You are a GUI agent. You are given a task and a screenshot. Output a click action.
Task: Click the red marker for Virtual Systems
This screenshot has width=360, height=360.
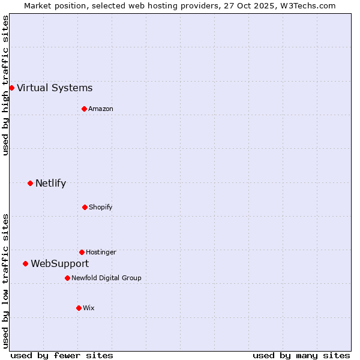pos(11,88)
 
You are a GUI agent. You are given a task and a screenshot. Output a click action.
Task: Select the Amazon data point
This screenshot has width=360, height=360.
pos(84,109)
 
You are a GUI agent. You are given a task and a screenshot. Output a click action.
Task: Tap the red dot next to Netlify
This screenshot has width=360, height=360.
pos(30,183)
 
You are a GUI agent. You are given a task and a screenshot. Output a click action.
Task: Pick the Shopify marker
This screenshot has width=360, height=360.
pos(85,207)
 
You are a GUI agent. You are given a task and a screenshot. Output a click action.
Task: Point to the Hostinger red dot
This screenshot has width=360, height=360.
pos(82,252)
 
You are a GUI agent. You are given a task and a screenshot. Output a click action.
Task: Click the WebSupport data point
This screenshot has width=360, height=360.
pos(25,263)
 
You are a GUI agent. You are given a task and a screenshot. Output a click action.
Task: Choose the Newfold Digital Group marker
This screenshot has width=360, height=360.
pos(67,278)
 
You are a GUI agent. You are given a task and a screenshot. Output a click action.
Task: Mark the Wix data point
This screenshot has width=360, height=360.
pos(79,308)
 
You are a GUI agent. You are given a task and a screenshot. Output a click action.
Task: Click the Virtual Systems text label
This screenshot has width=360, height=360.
pos(55,88)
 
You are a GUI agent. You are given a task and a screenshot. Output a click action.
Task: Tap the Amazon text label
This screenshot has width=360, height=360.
pos(101,109)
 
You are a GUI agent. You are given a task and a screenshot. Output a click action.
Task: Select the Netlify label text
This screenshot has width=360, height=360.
pos(50,184)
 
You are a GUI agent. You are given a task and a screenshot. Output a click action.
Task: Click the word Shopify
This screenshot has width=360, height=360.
pos(101,207)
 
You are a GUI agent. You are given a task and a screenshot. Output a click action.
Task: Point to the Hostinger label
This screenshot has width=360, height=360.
pos(101,252)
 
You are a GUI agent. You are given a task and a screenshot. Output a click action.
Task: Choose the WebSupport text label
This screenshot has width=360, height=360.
pos(59,264)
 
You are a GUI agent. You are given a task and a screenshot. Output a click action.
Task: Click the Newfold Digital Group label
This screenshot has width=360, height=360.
pos(106,278)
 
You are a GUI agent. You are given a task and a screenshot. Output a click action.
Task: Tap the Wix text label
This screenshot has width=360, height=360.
pos(89,308)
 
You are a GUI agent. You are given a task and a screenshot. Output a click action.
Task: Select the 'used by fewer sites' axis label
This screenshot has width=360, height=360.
pos(62,355)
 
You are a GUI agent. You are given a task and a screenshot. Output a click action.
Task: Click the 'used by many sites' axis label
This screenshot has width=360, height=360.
pos(301,355)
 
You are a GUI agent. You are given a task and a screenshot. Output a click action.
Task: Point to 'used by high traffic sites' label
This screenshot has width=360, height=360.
pos(5,85)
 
